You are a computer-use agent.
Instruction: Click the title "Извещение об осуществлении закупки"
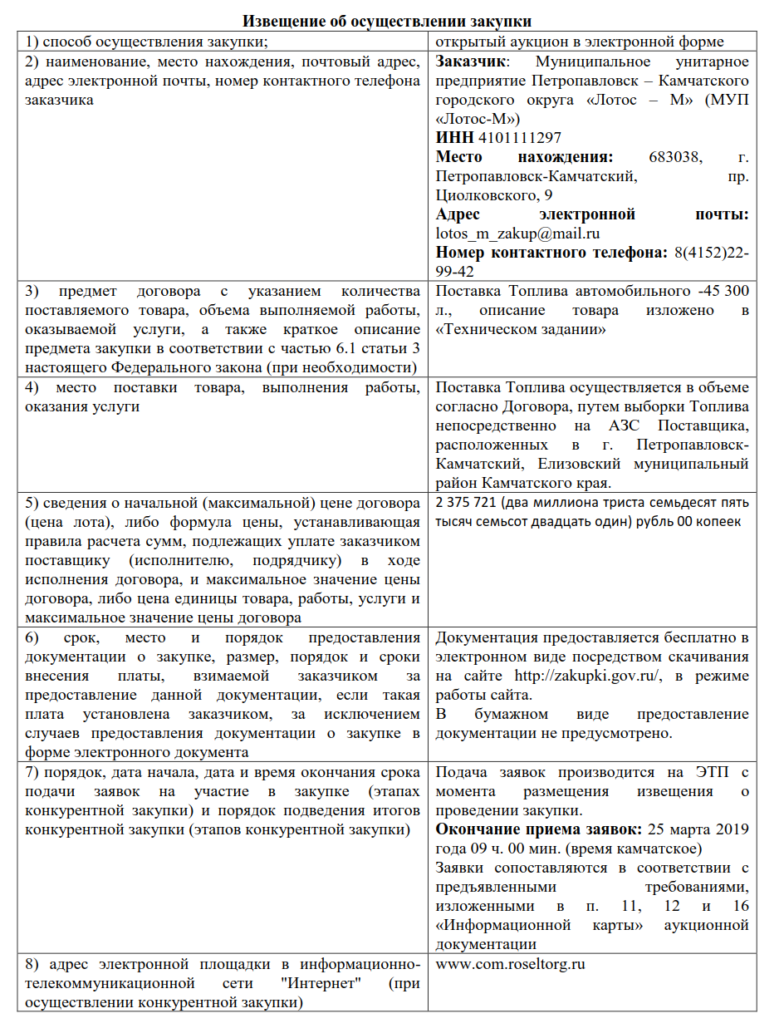pyautogui.click(x=387, y=21)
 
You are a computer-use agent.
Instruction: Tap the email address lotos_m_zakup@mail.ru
pyautogui.click(x=517, y=234)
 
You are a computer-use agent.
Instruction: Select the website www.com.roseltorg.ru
pyautogui.click(x=511, y=966)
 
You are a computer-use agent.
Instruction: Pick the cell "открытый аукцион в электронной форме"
pyautogui.click(x=580, y=42)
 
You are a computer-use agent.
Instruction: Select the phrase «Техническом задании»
pyautogui.click(x=520, y=329)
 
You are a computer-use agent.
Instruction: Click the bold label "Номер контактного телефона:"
pyautogui.click(x=547, y=253)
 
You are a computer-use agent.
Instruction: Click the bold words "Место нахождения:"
pyautogui.click(x=525, y=157)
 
